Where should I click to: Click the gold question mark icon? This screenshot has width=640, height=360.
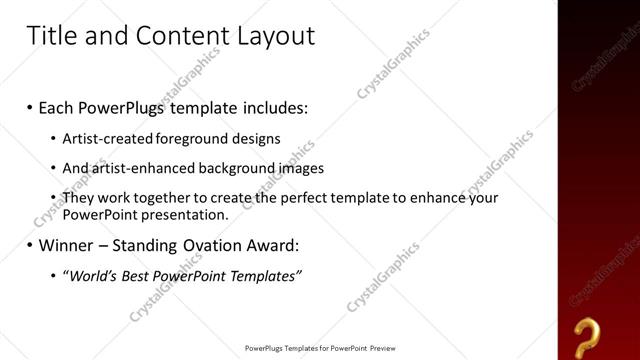[589, 334]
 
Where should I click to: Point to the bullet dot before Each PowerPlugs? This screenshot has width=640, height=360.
[30, 107]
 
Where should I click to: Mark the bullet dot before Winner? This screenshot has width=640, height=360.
[30, 245]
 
